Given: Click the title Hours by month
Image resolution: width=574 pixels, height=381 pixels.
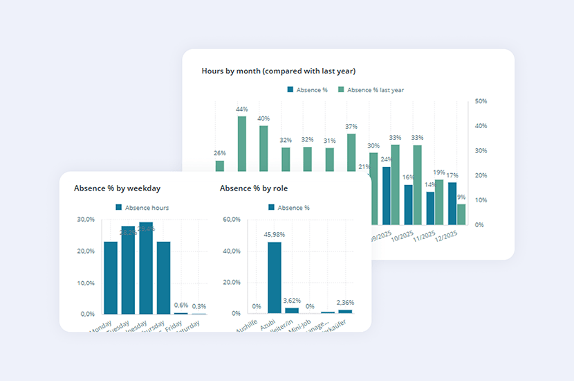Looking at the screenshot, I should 278,71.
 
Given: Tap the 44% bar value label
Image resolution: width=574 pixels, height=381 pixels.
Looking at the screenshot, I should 242,109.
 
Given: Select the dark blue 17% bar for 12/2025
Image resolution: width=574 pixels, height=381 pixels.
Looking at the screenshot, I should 452,203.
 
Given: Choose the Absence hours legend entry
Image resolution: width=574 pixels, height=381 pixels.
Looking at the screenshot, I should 142,208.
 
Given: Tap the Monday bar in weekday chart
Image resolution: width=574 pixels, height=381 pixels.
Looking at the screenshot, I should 111,277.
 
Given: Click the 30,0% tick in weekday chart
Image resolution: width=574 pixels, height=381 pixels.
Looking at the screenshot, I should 86,220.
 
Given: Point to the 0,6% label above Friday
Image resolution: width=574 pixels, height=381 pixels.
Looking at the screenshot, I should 181,305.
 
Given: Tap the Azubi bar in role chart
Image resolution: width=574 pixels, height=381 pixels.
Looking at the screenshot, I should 275,277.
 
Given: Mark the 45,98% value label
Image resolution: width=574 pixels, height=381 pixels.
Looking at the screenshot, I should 275,235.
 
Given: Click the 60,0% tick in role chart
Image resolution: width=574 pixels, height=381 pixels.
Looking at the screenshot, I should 231,220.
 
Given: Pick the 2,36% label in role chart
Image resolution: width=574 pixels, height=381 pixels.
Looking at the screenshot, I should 345,303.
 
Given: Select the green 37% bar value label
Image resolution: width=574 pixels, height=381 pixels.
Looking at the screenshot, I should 351,127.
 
